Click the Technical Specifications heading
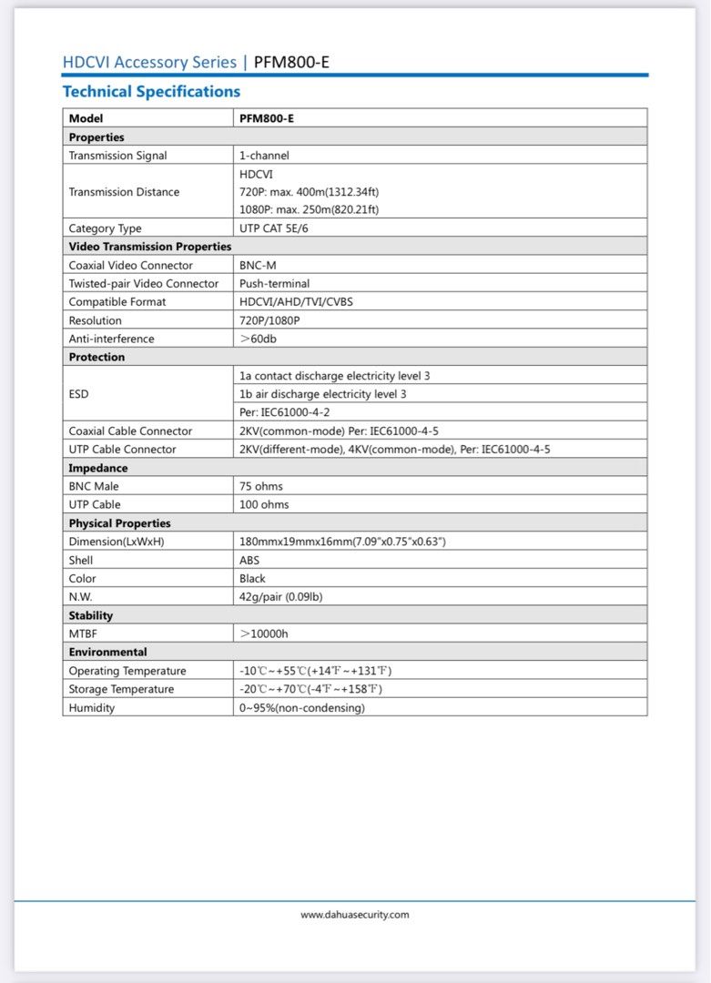[151, 92]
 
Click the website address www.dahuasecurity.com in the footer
[355, 915]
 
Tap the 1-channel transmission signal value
[264, 156]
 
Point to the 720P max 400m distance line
[309, 192]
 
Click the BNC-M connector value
[258, 266]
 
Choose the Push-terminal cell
[274, 284]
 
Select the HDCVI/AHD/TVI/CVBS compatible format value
[296, 302]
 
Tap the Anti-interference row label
[111, 339]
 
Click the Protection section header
[96, 358]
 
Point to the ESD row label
[79, 394]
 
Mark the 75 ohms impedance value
[263, 486]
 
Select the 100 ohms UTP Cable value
[264, 504]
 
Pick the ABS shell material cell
[249, 560]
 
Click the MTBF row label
[83, 633]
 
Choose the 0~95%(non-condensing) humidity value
[301, 707]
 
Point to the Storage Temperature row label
[121, 689]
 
